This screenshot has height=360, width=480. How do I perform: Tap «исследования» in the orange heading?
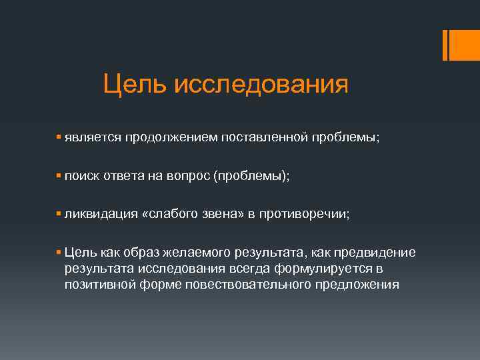click(x=261, y=85)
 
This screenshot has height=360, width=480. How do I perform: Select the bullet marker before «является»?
click(x=59, y=136)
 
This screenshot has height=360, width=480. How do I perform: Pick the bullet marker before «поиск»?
click(x=59, y=175)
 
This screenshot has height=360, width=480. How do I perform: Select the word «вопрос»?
click(x=191, y=176)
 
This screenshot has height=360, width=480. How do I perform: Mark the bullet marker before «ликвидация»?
click(x=59, y=214)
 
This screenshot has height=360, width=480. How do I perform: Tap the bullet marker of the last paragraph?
click(x=59, y=252)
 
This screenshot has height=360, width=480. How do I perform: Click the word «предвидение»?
click(x=375, y=253)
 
